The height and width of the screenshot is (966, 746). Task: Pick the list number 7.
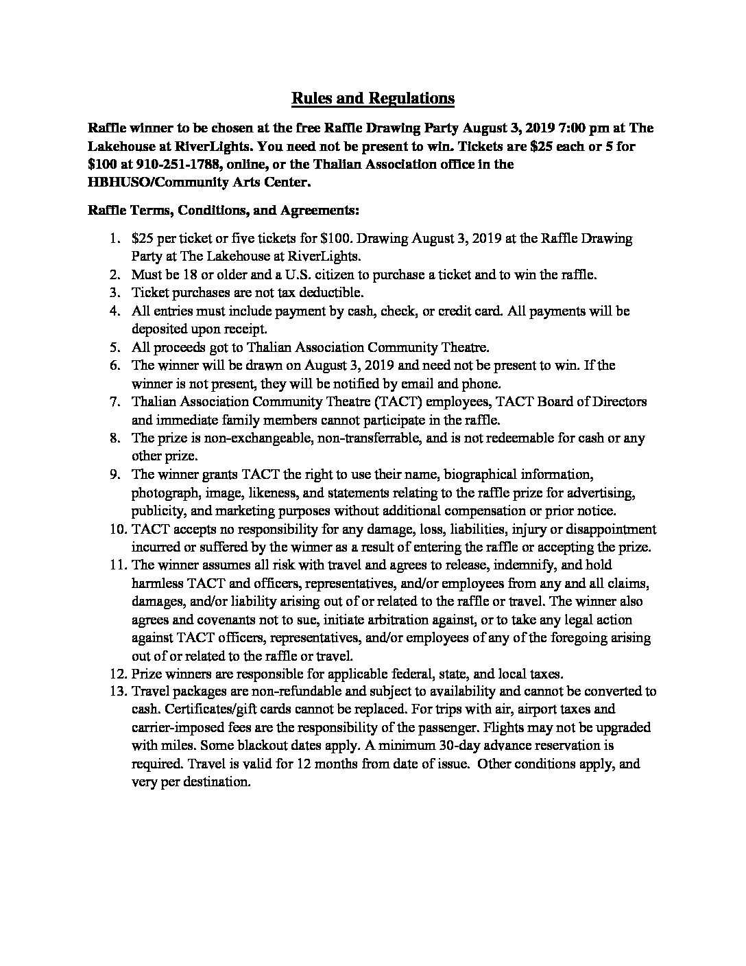pyautogui.click(x=116, y=401)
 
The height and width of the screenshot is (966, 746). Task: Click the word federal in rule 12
pyautogui.click(x=371, y=673)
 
